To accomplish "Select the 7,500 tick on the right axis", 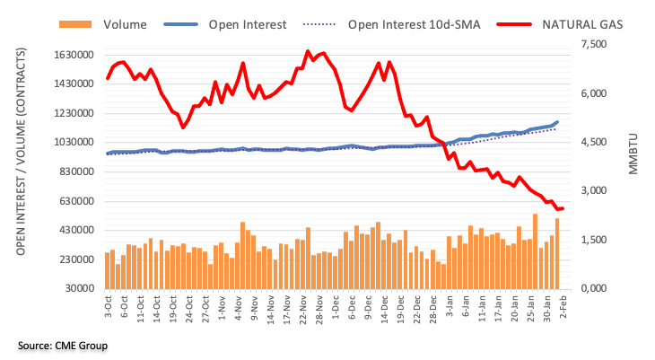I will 596,45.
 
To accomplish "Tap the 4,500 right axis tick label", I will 596,143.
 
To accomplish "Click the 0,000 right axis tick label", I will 596,289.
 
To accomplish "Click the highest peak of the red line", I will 308,52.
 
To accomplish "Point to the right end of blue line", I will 557,122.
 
